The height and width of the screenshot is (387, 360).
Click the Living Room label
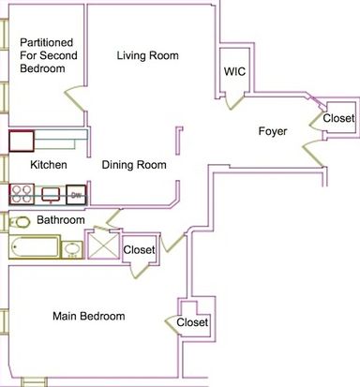[x=148, y=55]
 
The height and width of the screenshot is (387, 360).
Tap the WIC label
[x=234, y=71]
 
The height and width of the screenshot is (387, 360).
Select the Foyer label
[x=273, y=131]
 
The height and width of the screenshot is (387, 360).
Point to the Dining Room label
[x=134, y=165]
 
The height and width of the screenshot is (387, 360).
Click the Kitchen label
[x=49, y=165]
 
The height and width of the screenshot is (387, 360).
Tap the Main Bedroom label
[x=89, y=316]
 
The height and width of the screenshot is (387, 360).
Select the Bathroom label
[x=61, y=220]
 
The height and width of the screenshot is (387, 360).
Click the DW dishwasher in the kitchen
[x=76, y=195]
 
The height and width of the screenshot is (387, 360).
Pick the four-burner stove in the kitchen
[x=22, y=194]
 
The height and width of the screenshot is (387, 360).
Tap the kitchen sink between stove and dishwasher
[x=51, y=195]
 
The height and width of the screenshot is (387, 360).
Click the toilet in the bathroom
[x=20, y=222]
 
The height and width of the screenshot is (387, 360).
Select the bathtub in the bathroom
[x=35, y=247]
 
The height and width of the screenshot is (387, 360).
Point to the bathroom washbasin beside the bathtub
[x=72, y=249]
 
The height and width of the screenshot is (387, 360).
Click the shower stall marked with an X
[x=103, y=246]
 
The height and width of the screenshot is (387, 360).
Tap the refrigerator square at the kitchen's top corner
[x=22, y=141]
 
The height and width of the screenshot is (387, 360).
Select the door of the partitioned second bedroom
[x=75, y=98]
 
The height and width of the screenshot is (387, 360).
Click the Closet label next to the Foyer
[x=338, y=118]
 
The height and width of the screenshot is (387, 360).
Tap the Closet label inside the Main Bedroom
[x=192, y=322]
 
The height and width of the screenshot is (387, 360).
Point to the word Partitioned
[x=47, y=42]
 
